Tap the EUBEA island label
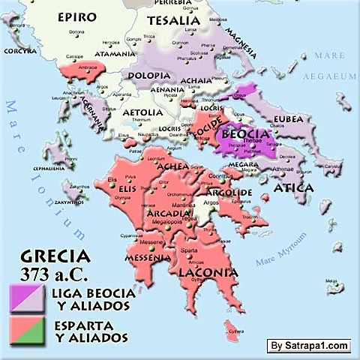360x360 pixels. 288,118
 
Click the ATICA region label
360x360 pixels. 293,187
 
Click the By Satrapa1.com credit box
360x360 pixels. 308,345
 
